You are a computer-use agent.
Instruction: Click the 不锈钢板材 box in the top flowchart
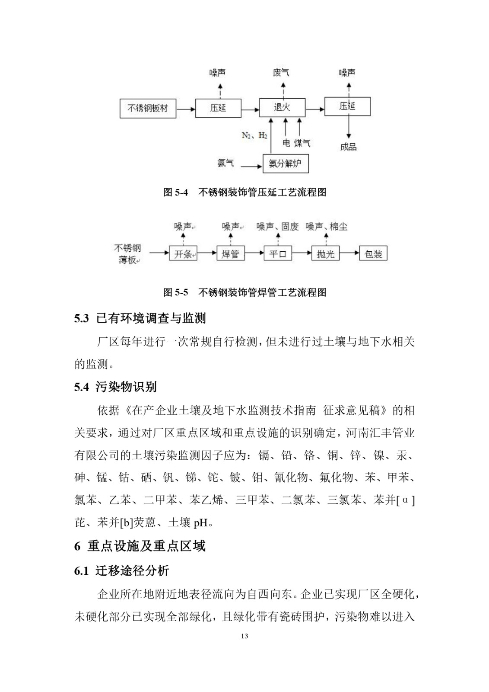coord(147,108)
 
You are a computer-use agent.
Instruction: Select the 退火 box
coord(282,107)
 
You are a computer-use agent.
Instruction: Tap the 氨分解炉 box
coord(286,163)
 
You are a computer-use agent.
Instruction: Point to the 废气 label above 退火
coord(281,72)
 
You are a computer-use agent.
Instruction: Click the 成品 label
coord(348,147)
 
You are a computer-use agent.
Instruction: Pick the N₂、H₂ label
coord(254,135)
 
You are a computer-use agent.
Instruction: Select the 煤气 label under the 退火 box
coord(302,143)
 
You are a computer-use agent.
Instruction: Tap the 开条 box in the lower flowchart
coord(183,254)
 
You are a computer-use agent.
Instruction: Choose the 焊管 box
coord(230,254)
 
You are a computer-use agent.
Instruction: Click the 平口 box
coord(278,254)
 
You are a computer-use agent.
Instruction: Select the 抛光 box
coord(325,254)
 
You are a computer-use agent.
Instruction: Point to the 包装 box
coord(373,254)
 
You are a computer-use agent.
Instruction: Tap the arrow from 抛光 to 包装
coord(349,254)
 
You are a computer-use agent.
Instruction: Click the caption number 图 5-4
coord(175,192)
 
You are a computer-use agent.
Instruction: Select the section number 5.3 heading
coord(81,319)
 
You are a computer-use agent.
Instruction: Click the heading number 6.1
coord(81,571)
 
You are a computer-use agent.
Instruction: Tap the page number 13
coord(244,636)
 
